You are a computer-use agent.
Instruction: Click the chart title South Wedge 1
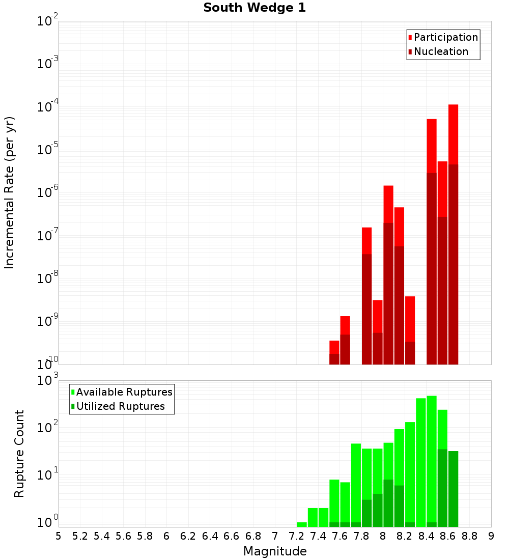click(254, 8)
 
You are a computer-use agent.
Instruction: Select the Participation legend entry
click(445, 37)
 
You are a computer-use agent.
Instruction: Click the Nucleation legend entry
click(441, 51)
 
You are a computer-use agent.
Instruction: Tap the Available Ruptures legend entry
click(124, 392)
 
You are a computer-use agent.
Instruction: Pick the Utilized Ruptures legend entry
click(120, 406)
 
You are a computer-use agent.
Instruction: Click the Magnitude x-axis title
click(275, 551)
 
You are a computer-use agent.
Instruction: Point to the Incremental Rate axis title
click(10, 192)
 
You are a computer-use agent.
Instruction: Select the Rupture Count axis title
click(19, 454)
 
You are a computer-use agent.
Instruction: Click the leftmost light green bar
click(302, 524)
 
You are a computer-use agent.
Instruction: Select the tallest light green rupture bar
click(432, 458)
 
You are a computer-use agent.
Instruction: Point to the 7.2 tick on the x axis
click(296, 536)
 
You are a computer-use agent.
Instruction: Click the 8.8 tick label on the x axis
click(469, 536)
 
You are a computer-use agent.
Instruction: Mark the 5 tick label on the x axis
click(59, 536)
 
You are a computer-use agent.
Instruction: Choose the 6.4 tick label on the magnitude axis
click(210, 536)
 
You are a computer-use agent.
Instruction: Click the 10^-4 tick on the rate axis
click(48, 107)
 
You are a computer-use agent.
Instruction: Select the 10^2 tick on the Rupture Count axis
click(48, 428)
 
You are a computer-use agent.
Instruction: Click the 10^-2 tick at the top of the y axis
click(48, 21)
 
